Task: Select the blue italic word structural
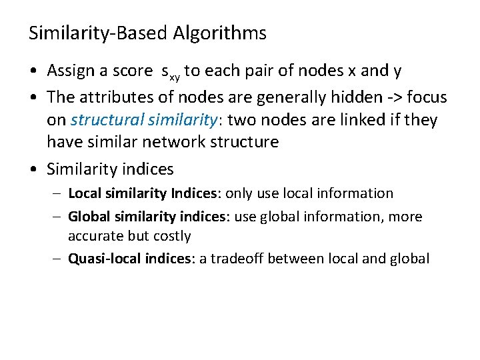point(103,120)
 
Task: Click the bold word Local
point(83,193)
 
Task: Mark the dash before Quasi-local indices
point(59,259)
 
